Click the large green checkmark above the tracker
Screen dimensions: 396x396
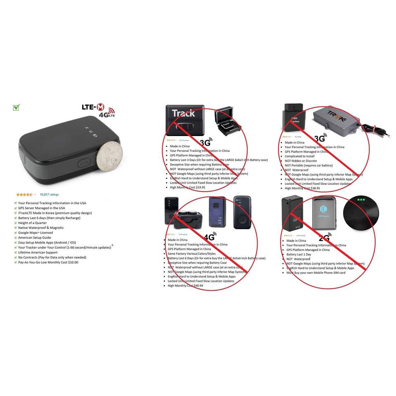coord(16,108)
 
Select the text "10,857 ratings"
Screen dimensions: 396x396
coord(49,194)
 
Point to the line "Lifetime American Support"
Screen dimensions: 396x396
coord(38,252)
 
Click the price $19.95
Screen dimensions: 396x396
coord(200,187)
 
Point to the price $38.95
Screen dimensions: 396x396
coord(314,189)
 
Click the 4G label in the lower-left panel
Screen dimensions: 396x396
coord(209,238)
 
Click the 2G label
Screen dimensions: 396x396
coord(324,238)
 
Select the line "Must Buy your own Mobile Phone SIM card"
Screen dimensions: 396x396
coord(316,273)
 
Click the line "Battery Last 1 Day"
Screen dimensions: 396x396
coord(299,255)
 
